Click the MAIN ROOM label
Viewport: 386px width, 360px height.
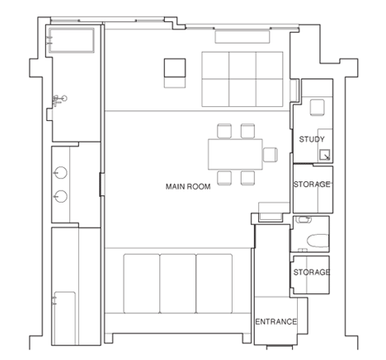tap(188, 187)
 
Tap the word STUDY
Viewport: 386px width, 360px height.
tap(312, 139)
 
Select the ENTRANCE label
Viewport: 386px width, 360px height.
tap(276, 321)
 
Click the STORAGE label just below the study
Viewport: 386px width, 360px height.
tap(312, 184)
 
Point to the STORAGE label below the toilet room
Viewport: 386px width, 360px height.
tap(312, 272)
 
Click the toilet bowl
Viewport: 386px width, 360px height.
tap(318, 241)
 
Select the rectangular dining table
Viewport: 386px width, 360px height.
tap(235, 154)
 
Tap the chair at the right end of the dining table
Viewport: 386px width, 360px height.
tap(271, 155)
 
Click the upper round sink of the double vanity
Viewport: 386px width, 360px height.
tap(61, 173)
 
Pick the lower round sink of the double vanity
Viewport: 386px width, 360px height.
tap(61, 196)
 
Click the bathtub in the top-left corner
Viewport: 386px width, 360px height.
tap(72, 40)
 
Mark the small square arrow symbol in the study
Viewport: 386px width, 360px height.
tap(325, 156)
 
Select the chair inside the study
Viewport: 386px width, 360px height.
tap(318, 107)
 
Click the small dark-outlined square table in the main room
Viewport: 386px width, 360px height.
tap(175, 68)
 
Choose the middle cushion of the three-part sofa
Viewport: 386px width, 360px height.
tap(178, 283)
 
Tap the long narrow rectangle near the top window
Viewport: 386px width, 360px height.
tap(242, 37)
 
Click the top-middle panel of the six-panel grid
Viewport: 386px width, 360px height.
tap(242, 65)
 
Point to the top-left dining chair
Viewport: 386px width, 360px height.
tap(224, 131)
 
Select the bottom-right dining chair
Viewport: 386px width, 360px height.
tap(247, 178)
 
